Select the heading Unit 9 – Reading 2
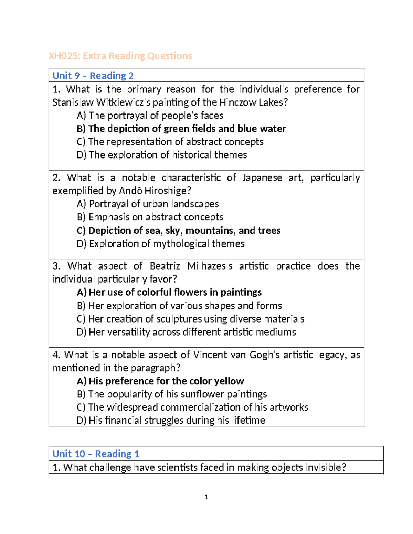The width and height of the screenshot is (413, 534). click(x=93, y=76)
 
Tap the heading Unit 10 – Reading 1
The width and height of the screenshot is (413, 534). click(x=96, y=454)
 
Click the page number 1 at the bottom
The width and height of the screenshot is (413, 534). click(x=206, y=497)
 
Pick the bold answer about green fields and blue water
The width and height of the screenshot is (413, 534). click(x=181, y=129)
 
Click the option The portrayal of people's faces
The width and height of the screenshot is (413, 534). click(x=150, y=116)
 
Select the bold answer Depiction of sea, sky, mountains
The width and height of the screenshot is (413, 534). click(x=179, y=230)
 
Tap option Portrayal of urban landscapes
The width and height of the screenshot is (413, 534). click(x=148, y=204)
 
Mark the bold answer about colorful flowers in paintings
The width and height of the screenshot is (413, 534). click(x=169, y=292)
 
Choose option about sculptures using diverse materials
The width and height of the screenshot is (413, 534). click(x=191, y=319)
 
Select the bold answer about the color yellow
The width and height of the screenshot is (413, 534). click(x=160, y=381)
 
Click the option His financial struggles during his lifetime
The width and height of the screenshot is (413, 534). click(x=171, y=420)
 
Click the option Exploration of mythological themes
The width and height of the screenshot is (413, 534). click(x=161, y=244)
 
